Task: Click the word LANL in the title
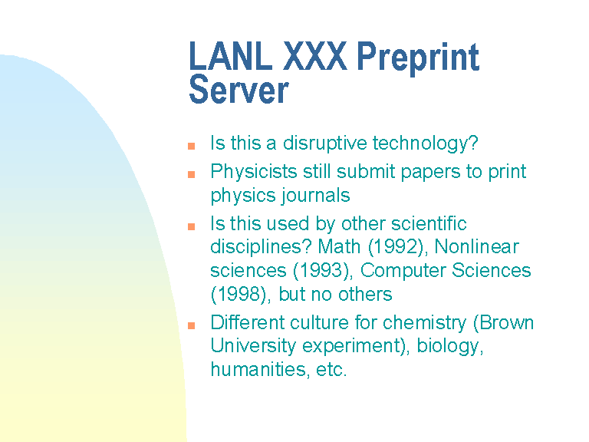pyautogui.click(x=231, y=56)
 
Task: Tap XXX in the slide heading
pyautogui.click(x=314, y=56)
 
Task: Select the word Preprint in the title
pyautogui.click(x=418, y=59)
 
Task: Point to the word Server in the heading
pyautogui.click(x=239, y=90)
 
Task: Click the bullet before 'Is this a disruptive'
pyautogui.click(x=191, y=146)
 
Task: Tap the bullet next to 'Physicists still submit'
pyautogui.click(x=191, y=174)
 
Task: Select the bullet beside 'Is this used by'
pyautogui.click(x=191, y=226)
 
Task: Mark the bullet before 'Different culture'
pyautogui.click(x=191, y=325)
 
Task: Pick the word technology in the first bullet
pyautogui.click(x=423, y=143)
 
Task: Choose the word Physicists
pyautogui.click(x=254, y=172)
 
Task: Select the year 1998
pyautogui.click(x=239, y=295)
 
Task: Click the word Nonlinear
pyautogui.click(x=477, y=247)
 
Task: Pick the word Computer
pyautogui.click(x=403, y=272)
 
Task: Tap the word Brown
pyautogui.click(x=506, y=323)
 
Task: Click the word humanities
pyautogui.click(x=258, y=369)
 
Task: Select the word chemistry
pyautogui.click(x=424, y=324)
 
